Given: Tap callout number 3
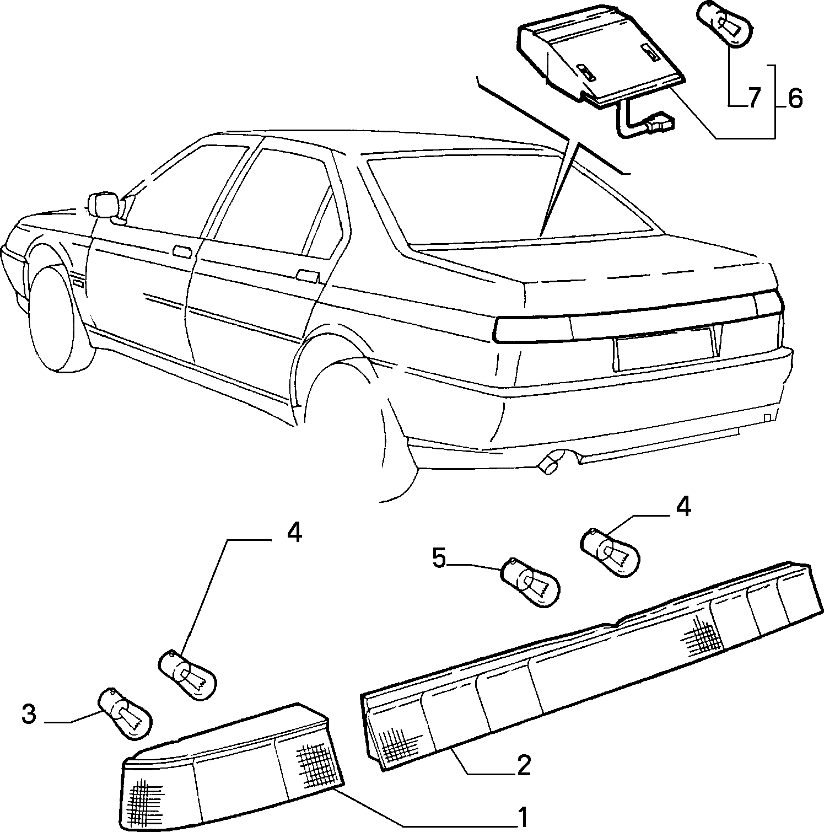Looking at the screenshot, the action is click(x=29, y=715).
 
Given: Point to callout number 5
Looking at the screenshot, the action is click(x=439, y=559).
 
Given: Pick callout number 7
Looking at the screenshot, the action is click(x=754, y=98).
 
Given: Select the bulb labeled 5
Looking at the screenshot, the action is click(x=529, y=583).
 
